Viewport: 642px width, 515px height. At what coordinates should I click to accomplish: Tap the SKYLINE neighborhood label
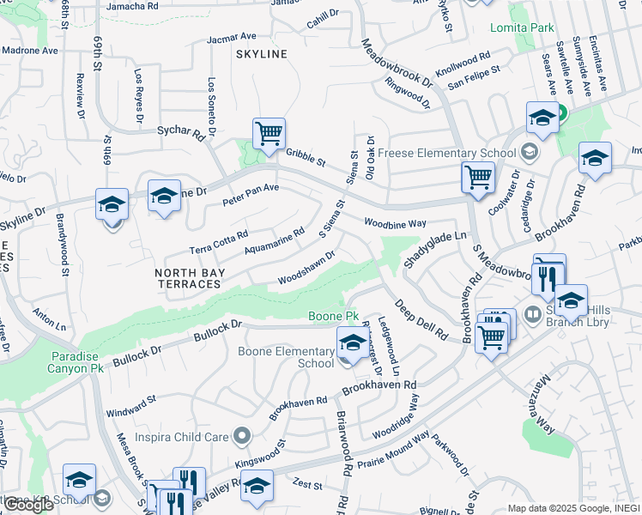tap(262, 54)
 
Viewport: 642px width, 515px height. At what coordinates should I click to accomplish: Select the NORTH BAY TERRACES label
tap(188, 278)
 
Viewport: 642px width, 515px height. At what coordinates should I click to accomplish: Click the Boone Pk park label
tap(334, 317)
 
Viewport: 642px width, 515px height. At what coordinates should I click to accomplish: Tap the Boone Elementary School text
tap(286, 357)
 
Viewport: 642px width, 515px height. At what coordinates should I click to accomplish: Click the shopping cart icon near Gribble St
tap(269, 134)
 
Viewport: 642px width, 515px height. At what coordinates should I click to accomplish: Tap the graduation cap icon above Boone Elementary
tap(352, 342)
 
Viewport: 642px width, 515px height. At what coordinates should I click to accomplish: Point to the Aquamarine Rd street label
tap(275, 241)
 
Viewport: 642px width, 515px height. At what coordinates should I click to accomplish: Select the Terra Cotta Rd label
tap(219, 243)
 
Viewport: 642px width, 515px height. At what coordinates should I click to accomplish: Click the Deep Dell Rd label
tap(421, 318)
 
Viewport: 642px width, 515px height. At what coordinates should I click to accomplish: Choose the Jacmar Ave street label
tap(232, 38)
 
